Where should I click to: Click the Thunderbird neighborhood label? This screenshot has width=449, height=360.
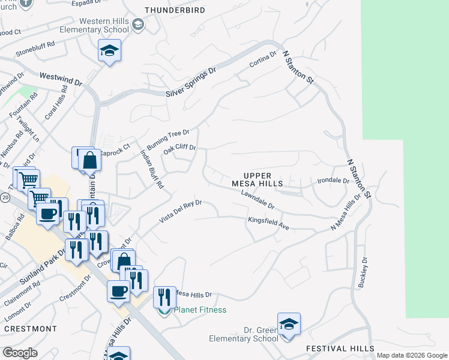pos(175,10)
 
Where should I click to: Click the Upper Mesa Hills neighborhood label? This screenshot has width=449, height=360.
pos(258,178)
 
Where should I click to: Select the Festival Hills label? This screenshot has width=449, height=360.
pos(340,349)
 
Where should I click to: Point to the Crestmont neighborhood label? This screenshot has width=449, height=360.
pos(30,329)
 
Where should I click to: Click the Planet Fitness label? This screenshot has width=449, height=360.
pos(199,310)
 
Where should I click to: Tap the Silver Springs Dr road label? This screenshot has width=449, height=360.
pos(191,84)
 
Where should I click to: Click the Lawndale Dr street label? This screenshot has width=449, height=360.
pos(258,200)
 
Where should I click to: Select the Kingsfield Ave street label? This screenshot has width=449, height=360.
pos(268,223)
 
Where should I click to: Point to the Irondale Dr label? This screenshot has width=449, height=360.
pos(333,180)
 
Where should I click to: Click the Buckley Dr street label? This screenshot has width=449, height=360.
pos(363,272)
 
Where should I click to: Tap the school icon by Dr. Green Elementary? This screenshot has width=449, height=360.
pos(289,325)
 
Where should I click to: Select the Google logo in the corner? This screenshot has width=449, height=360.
pos(20,353)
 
